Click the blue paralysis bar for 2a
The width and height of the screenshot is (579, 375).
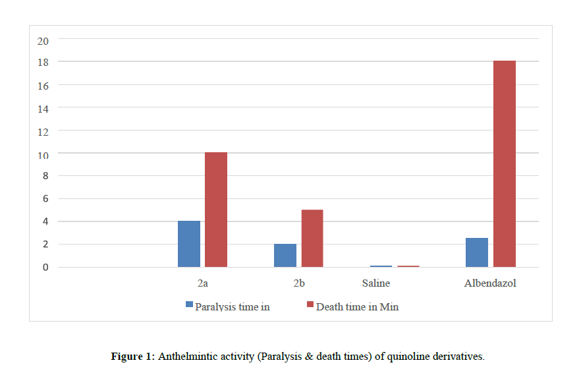(x=189, y=244)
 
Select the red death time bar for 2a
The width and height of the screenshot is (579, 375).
(x=216, y=210)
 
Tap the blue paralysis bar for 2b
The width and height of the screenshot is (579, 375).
(x=285, y=255)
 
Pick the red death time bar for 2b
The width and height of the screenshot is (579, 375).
(x=312, y=238)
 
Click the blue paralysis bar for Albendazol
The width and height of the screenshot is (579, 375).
(x=477, y=252)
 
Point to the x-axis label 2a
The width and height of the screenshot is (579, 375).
(x=202, y=283)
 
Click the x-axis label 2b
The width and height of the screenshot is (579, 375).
(x=299, y=283)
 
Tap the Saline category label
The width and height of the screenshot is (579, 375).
(x=376, y=283)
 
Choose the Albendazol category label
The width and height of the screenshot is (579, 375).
(x=490, y=283)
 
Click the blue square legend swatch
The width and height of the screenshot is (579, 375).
(x=190, y=305)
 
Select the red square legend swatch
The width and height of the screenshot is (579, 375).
(x=311, y=305)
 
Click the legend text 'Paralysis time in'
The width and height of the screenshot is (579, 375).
(x=233, y=306)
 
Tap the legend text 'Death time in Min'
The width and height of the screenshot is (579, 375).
(x=358, y=306)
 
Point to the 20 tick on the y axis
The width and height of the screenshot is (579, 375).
(x=43, y=40)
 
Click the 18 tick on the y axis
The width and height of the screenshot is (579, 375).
(x=43, y=62)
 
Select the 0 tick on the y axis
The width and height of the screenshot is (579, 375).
(x=45, y=268)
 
